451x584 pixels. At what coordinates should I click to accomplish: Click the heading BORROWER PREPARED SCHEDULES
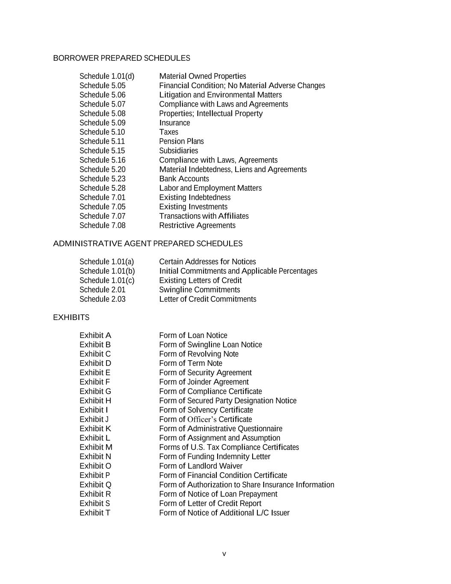[x=121, y=58]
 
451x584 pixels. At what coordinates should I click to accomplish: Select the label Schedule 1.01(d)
[x=106, y=76]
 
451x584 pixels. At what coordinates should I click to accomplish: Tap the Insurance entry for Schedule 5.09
[x=174, y=123]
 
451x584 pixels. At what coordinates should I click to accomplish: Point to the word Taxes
[x=168, y=132]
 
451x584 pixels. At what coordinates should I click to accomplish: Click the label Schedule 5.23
[x=102, y=179]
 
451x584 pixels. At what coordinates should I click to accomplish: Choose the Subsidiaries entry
[x=178, y=151]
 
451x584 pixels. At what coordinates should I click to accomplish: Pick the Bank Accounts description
[x=184, y=179]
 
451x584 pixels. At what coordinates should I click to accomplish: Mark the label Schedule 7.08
[x=102, y=225]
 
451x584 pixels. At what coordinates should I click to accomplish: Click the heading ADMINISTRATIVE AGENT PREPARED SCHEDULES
[x=147, y=244]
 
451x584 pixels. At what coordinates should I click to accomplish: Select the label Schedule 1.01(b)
[x=107, y=271]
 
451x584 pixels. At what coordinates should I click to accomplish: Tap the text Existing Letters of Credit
[x=200, y=281]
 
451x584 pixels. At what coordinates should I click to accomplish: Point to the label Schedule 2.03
[x=102, y=299]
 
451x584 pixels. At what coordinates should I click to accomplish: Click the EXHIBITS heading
[x=71, y=317]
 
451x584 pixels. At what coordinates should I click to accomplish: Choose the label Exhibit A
[x=95, y=335]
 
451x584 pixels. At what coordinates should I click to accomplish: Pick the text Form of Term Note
[x=190, y=363]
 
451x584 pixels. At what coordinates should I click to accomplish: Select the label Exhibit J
[x=94, y=419]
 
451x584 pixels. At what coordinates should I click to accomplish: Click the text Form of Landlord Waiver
[x=200, y=466]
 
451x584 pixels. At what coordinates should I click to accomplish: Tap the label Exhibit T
[x=94, y=513]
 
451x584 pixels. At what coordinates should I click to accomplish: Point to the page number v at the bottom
[x=224, y=554]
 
